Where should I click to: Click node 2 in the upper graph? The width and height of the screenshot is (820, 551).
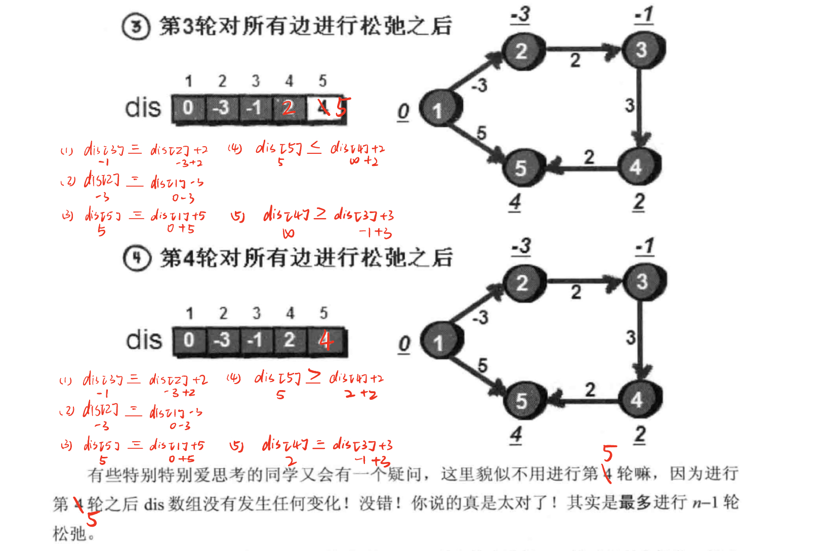click(522, 51)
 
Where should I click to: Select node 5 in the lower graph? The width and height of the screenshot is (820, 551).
click(522, 400)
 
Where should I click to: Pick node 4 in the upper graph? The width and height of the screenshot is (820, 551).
click(636, 166)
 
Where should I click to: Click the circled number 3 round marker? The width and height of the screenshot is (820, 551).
click(136, 26)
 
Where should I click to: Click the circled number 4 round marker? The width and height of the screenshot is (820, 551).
click(137, 258)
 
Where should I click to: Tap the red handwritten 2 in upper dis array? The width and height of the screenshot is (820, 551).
click(288, 108)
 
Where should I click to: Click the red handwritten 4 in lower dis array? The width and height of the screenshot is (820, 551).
click(325, 340)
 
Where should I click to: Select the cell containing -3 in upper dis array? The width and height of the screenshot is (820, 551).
click(221, 108)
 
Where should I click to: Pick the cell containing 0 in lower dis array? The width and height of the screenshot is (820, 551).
click(189, 340)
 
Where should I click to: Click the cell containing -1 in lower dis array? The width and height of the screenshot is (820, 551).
click(255, 340)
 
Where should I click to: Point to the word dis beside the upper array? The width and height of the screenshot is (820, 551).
click(143, 108)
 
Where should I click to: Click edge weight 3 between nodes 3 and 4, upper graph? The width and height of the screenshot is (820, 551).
click(629, 105)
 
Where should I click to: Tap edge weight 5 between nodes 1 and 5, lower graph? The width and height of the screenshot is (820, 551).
click(482, 365)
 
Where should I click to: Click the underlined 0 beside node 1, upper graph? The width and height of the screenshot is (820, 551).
click(403, 112)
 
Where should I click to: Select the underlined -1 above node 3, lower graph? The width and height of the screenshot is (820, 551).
click(645, 247)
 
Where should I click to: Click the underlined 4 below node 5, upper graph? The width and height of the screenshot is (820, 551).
click(515, 202)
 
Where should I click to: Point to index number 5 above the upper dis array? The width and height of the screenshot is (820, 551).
click(322, 81)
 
